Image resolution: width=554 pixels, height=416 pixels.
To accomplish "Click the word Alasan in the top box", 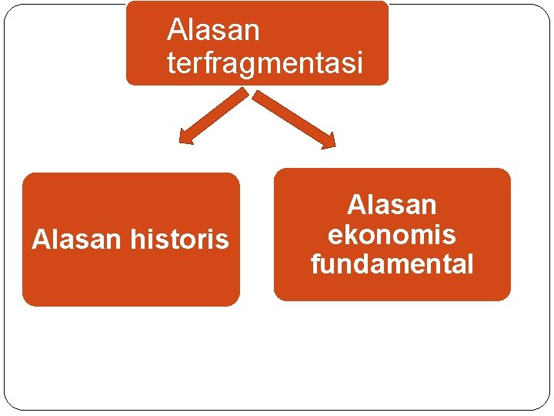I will coord(213,31).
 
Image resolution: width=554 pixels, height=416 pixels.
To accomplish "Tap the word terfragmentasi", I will coord(264,63).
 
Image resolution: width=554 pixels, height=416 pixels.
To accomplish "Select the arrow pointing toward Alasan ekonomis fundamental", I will coord(295,119).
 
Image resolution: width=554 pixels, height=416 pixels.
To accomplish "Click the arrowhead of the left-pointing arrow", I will coord(185,139).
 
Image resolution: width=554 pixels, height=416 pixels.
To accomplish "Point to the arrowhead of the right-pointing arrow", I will coord(329,140).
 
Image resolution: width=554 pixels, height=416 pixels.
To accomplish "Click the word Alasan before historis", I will coord(76,240).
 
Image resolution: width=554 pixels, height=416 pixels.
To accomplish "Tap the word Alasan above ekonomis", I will coord(392,205).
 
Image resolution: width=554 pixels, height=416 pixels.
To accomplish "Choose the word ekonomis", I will coord(392,234).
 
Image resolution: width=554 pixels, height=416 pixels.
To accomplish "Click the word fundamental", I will coord(392,264).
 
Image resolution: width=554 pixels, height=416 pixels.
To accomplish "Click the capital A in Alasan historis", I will coord(39,240).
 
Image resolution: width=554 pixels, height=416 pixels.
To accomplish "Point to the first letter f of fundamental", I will coord(315,264).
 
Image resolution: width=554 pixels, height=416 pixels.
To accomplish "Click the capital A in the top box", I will coord(175,31).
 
